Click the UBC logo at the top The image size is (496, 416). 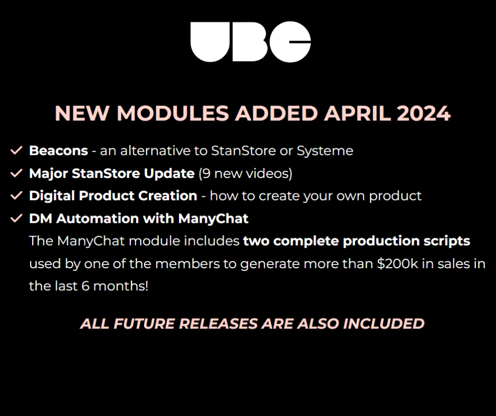pos(251,42)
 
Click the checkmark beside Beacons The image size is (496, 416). pos(16,150)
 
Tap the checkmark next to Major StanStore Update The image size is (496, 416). pos(16,173)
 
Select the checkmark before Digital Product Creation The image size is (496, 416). pos(16,195)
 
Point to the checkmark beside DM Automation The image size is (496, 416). pos(16,218)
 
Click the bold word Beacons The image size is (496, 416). pos(59,150)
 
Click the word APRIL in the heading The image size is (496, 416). pos(357,114)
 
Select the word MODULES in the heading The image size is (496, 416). pos(173,114)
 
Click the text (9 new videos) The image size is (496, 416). pos(245,174)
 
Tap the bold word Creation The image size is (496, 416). pos(168,196)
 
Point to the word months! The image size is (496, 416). pos(120,286)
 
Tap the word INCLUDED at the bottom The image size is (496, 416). pos(384,324)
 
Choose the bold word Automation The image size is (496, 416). pos(98,219)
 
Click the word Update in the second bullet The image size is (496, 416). pos(169,174)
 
